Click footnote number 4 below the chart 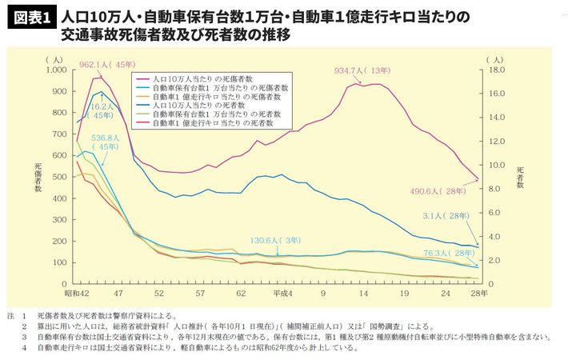point(25,347)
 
